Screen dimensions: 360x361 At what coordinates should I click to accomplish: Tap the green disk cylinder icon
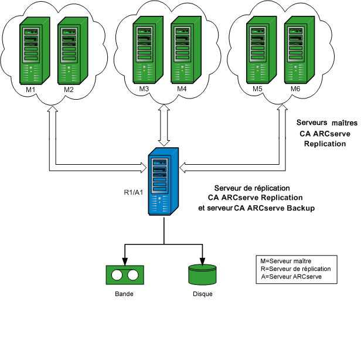(202, 274)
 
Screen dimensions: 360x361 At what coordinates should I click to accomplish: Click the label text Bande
(124, 294)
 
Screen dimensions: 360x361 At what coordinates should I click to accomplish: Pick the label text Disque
(202, 294)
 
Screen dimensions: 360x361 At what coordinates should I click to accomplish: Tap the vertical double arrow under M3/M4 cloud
(164, 125)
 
